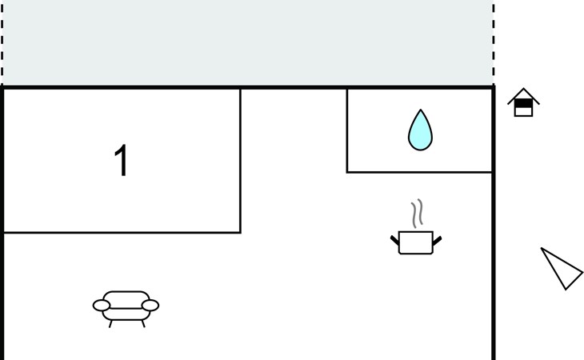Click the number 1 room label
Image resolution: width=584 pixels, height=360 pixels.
[122, 162]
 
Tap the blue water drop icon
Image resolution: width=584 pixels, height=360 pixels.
[420, 130]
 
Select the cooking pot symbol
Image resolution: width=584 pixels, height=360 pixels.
[416, 242]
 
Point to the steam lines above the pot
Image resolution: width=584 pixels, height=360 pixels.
[416, 214]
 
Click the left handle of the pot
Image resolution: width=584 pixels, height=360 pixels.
[394, 239]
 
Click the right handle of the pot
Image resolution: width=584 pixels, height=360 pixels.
[437, 239]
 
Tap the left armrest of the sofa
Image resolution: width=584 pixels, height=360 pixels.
[102, 305]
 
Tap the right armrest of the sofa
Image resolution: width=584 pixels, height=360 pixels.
[150, 305]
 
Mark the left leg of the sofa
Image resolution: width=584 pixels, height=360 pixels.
[110, 323]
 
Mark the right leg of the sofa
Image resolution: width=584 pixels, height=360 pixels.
[142, 323]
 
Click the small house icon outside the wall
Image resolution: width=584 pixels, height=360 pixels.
[523, 102]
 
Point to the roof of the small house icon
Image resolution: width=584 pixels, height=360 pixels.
[523, 94]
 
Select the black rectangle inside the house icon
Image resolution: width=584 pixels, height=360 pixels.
[523, 103]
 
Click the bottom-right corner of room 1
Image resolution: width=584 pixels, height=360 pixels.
[240, 232]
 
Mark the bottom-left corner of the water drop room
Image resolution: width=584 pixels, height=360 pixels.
[347, 172]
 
